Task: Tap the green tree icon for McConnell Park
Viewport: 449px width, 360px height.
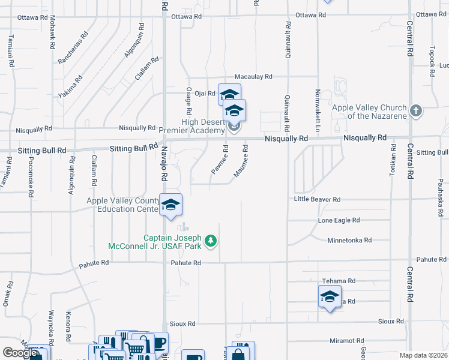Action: click(210, 241)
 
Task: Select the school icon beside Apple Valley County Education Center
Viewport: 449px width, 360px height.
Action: click(170, 205)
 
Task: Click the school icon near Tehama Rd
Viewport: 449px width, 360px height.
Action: click(330, 296)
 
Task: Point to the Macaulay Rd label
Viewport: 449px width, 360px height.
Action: click(253, 77)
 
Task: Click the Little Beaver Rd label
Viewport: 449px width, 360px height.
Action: click(317, 199)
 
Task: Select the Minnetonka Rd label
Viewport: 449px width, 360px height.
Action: click(349, 240)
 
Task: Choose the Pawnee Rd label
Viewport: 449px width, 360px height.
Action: click(219, 160)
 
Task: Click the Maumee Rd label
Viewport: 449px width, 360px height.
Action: click(241, 160)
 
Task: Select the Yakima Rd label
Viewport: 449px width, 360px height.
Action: click(71, 87)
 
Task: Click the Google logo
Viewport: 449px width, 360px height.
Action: click(20, 353)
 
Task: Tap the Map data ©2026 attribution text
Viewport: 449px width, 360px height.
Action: click(423, 355)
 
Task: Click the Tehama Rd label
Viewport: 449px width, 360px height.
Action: click(339, 281)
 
